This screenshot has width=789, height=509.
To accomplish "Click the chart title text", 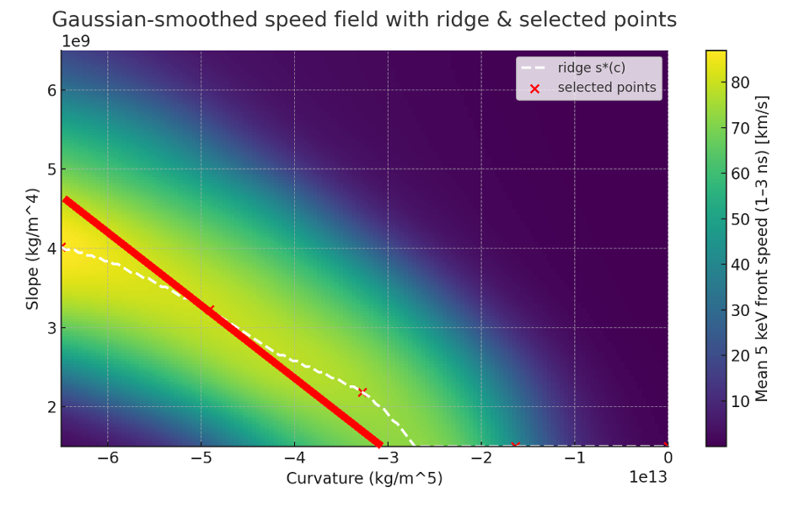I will (364, 19).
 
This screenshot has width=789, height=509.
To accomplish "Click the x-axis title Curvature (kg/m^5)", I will (364, 479).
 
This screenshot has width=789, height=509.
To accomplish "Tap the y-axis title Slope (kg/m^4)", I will (33, 249).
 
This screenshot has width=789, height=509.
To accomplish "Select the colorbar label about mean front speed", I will (762, 249).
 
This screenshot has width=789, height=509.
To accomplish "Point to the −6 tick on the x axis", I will (107, 458).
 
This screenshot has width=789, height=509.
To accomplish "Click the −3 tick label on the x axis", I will (387, 458).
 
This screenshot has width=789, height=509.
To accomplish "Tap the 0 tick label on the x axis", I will (668, 458).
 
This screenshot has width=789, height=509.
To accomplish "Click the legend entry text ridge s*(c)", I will (592, 68).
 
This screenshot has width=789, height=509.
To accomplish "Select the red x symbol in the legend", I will (534, 88).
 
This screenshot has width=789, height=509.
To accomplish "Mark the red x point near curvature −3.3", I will (362, 392).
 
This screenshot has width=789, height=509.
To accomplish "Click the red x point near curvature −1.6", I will (515, 445).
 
